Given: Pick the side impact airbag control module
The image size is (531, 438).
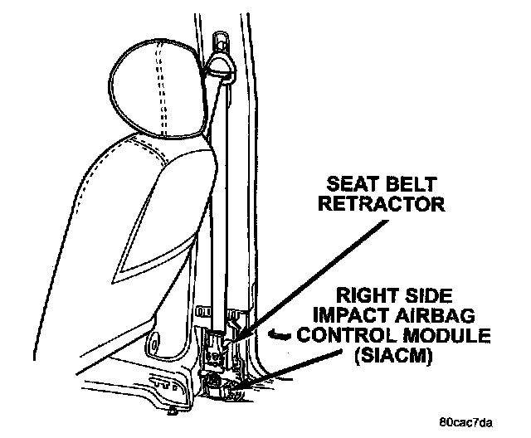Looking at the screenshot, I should (x=222, y=382).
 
